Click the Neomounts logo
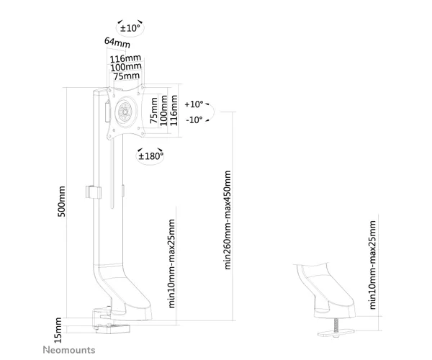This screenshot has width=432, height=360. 69,350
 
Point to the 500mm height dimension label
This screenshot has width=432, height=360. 62,202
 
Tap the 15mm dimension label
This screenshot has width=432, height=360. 58,330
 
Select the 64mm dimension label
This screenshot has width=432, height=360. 117,42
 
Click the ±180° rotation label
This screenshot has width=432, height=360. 150,156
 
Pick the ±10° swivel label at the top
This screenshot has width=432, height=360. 130,28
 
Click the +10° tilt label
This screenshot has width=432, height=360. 194,104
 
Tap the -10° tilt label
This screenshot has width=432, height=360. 194,120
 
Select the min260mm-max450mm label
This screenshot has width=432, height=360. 228,220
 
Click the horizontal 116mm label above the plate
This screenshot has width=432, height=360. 125,58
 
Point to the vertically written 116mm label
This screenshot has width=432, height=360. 174,110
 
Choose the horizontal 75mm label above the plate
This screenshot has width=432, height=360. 127,76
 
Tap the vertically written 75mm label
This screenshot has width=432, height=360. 154,110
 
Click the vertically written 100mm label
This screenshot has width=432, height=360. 164,110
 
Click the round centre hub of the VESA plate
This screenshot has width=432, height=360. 125,112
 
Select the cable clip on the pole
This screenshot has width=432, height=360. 94,192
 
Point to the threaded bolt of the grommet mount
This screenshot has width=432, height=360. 336,325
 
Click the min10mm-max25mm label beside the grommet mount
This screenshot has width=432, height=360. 372,264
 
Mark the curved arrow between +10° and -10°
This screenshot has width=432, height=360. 214,112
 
